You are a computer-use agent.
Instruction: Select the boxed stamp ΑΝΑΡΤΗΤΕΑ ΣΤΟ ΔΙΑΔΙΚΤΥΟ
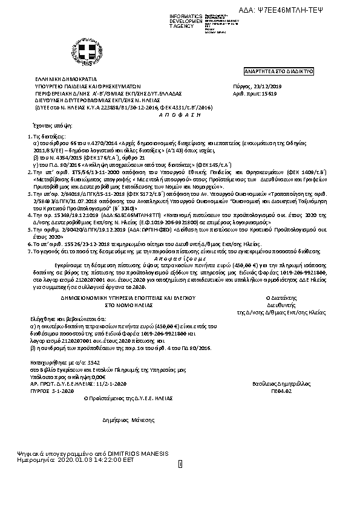(269, 71)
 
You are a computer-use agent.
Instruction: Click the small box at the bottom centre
(180, 464)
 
